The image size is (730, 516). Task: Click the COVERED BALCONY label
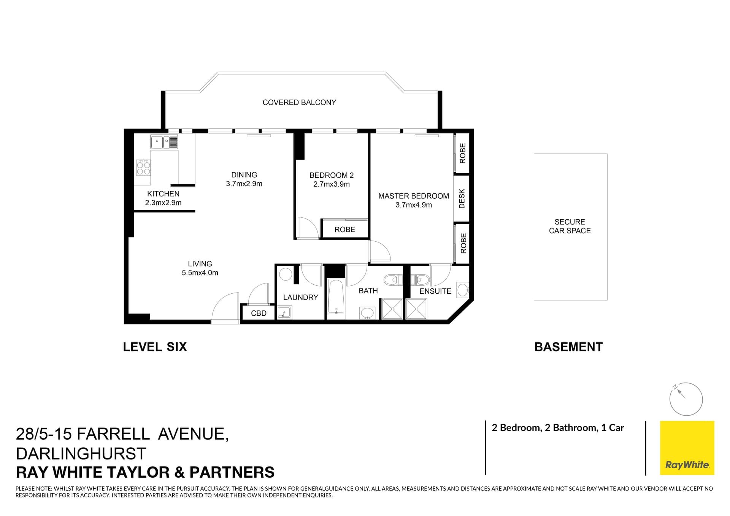(x=299, y=102)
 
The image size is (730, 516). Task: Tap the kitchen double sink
(x=164, y=142)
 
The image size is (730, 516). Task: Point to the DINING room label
(x=244, y=175)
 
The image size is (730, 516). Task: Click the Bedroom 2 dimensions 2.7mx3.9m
(x=332, y=184)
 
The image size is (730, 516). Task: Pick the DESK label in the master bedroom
(x=462, y=198)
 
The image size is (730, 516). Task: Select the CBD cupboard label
(x=259, y=313)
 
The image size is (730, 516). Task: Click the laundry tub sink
(x=284, y=313)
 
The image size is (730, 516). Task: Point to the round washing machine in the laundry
(x=285, y=274)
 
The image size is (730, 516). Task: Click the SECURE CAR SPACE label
(x=570, y=226)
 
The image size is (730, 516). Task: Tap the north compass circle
(x=686, y=399)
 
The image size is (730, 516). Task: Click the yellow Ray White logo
(x=687, y=448)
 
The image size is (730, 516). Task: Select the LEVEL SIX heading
(x=155, y=347)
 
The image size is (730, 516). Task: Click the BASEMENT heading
(x=568, y=347)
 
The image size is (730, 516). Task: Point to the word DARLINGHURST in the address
(x=81, y=453)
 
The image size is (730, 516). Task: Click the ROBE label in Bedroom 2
(x=344, y=230)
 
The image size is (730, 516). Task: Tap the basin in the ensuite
(x=463, y=290)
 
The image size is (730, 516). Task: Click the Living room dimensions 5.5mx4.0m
(x=200, y=273)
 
